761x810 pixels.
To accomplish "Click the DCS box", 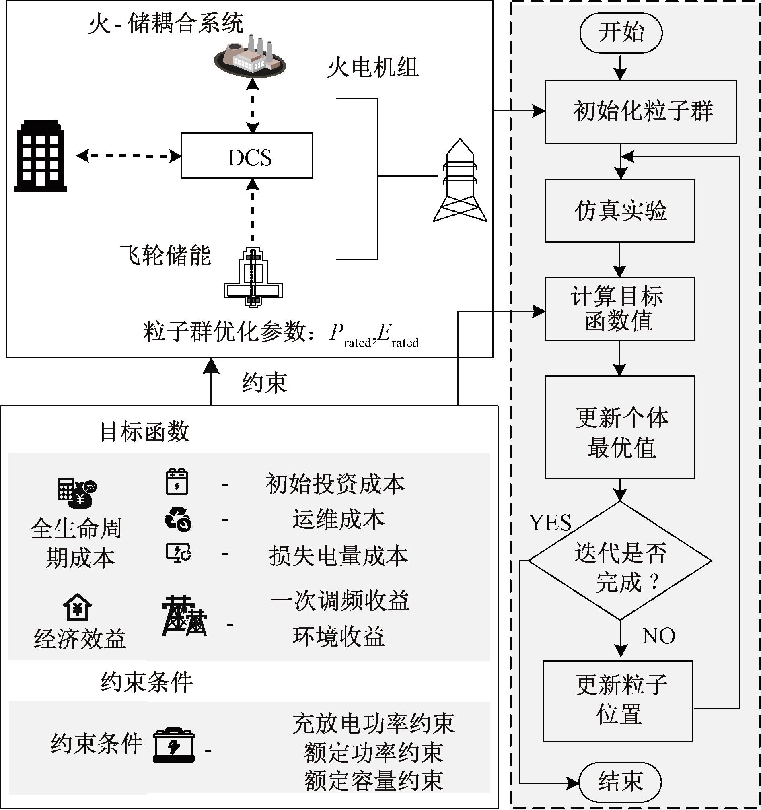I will pos(247,156).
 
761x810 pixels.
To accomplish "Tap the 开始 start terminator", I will pos(621,33).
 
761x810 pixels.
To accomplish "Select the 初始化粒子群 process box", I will pos(641,111).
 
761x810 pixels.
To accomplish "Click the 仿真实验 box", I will pos(620,211).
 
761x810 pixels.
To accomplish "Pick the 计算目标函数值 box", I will pos(620,309).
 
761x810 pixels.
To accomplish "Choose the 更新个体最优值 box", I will pos(620,427).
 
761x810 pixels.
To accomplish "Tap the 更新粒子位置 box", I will pos(618,701).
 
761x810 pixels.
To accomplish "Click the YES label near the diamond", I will pos(550,523).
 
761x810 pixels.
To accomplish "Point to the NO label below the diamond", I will pos(658,635).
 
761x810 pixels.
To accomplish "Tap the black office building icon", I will pos(41,156).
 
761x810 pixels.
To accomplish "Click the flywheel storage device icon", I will pos(253,277).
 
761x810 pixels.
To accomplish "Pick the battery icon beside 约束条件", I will pos(174,745).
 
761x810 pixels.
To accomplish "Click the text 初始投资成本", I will pos(335,484).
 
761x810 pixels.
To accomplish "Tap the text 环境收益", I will pos(338,636).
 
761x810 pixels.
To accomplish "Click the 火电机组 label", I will pos(373,67).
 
